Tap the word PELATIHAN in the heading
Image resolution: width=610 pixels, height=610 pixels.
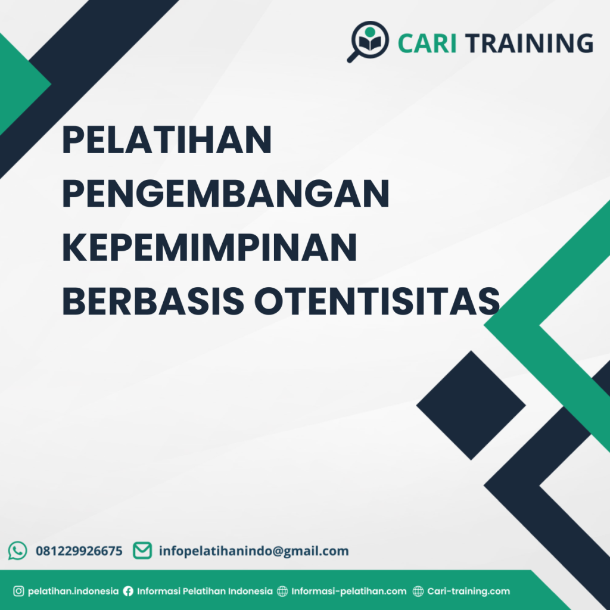click(x=167, y=141)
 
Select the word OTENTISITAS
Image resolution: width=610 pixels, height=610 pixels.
click(x=376, y=301)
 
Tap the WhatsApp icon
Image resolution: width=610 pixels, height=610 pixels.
click(x=18, y=550)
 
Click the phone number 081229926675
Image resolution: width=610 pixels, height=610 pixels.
click(x=79, y=551)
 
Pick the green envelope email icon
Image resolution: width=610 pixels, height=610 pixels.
click(x=142, y=550)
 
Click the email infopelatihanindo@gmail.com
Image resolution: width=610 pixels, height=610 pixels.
click(x=254, y=551)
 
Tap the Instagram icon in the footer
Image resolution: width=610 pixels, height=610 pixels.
click(x=18, y=592)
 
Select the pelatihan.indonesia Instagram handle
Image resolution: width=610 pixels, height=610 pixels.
click(x=73, y=592)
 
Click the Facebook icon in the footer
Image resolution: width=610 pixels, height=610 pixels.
click(x=128, y=592)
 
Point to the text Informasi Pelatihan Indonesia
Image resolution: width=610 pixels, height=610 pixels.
click(x=205, y=592)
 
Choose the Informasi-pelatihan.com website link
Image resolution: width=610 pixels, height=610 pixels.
click(x=349, y=592)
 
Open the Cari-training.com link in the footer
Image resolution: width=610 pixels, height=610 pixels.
click(x=469, y=592)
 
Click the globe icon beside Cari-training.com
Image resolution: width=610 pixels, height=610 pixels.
click(x=418, y=592)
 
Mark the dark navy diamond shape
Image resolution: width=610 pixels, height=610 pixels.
click(x=471, y=405)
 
